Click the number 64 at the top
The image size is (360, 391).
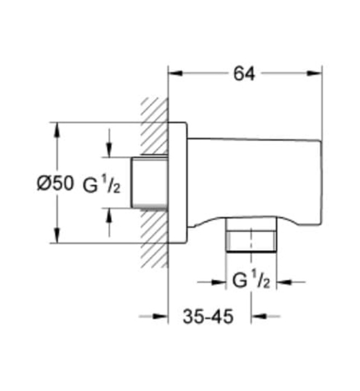pyautogui.click(x=244, y=73)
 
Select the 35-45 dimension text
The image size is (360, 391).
pyautogui.click(x=208, y=317)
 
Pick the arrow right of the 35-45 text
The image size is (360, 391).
pyautogui.click(x=258, y=317)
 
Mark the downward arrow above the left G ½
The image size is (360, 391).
pyautogui.click(x=109, y=150)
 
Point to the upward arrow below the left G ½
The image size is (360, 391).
pyautogui.click(x=109, y=215)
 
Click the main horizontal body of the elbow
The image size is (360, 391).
pyautogui.click(x=254, y=179)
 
